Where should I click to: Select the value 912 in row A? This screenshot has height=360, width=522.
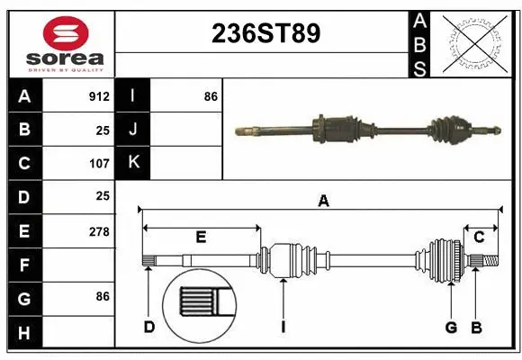pos(99,96)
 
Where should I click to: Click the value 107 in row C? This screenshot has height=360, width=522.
pos(99,164)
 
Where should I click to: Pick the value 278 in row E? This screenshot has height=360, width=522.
pos(99,231)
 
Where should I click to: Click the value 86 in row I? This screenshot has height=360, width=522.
pos(211,96)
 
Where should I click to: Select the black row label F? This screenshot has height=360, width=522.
pos(24,265)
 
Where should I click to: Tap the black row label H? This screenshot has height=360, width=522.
pos(24,333)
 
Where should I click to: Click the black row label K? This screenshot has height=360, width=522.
pos(133,163)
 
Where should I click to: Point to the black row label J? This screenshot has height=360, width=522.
pos(133,130)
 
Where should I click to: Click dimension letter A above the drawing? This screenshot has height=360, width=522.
pos(323,202)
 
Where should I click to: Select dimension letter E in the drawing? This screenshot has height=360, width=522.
pos(201,238)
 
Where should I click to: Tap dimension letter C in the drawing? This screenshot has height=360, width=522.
pos(480,238)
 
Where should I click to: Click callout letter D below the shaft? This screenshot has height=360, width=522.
pos(149,327)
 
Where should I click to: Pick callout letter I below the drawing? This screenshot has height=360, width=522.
pos(283,327)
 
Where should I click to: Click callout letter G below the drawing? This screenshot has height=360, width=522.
pos(451,327)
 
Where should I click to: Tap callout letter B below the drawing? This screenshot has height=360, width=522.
pos(477,327)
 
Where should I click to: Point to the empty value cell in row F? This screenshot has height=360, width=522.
pos(79,265)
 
